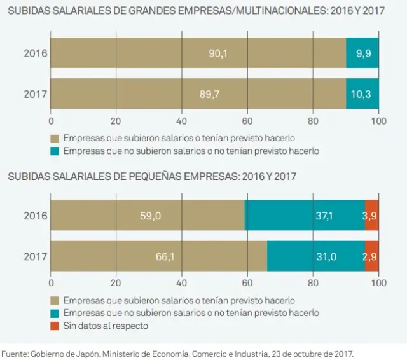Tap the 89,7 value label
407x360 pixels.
209,94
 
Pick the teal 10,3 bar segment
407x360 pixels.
362,94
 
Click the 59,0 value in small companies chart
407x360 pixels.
150,216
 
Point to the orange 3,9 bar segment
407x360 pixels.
371,216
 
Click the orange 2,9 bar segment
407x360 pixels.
372,256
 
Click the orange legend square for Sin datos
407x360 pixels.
54,326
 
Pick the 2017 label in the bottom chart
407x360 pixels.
35,256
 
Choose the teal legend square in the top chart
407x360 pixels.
54,151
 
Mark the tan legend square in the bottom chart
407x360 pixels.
54,300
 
